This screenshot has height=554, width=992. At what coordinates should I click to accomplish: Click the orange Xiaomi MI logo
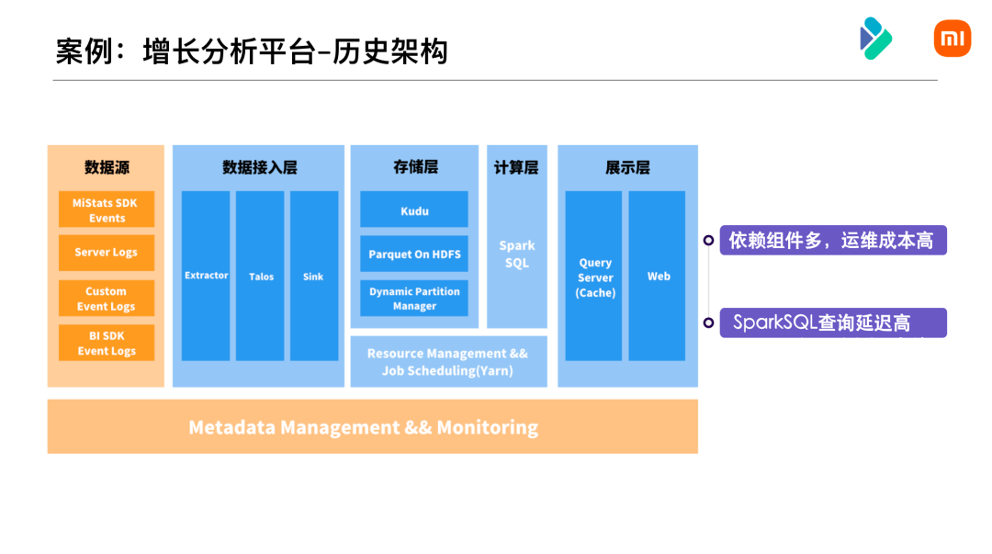click(952, 39)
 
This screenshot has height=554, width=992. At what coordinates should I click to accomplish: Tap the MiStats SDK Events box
click(107, 209)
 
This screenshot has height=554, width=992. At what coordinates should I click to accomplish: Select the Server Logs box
click(107, 253)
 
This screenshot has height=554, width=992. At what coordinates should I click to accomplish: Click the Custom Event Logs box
click(107, 299)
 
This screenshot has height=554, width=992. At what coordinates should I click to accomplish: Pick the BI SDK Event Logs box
click(107, 343)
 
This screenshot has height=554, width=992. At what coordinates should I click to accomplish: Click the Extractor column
click(206, 276)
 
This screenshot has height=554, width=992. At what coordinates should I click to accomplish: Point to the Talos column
click(260, 276)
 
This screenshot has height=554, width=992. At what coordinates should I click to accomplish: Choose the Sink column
click(313, 276)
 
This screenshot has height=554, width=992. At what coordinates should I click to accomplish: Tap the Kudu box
click(414, 209)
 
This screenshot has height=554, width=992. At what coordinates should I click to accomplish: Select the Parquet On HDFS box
click(414, 254)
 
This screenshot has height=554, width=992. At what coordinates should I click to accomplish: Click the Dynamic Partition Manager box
click(414, 298)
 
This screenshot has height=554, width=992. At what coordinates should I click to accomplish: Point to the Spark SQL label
click(517, 254)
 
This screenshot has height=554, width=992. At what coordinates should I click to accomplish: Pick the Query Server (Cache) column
click(594, 277)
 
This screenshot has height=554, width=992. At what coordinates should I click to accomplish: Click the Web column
click(658, 276)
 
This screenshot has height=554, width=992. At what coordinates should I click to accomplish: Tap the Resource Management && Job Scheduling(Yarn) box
click(448, 362)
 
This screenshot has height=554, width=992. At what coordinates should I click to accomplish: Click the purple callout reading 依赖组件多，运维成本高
click(832, 241)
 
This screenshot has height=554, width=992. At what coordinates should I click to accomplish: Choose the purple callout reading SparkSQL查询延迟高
click(832, 322)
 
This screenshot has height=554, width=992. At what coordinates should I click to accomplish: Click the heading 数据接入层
click(259, 167)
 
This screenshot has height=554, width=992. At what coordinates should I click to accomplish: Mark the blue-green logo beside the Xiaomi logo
click(874, 39)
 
